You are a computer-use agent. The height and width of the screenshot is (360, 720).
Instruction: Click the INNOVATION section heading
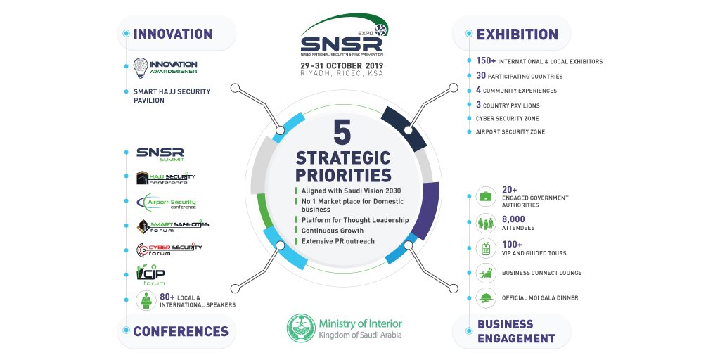[x=172, y=34]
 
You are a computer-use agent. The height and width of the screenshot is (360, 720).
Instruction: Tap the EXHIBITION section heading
[x=517, y=34]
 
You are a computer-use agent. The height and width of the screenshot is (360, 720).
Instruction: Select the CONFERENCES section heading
[x=181, y=331]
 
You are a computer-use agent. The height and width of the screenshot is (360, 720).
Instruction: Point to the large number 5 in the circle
[x=342, y=133]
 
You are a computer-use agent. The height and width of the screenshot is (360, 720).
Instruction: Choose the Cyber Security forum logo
[x=169, y=250]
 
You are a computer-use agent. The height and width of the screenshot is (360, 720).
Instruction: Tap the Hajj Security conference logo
[x=166, y=178]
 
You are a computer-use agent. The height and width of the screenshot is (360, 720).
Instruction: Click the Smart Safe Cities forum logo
[x=172, y=226]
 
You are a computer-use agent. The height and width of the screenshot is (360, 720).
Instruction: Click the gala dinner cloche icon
[x=485, y=297]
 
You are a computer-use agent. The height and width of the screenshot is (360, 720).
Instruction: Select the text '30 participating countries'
[x=519, y=76]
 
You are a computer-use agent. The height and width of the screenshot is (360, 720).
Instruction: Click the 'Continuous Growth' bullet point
[x=333, y=231]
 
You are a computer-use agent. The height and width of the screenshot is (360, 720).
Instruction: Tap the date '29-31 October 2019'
[x=342, y=65]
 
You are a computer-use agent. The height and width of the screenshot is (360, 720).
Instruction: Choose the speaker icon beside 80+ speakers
[x=146, y=301]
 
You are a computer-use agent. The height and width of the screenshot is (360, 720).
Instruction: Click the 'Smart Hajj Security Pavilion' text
[x=172, y=96]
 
